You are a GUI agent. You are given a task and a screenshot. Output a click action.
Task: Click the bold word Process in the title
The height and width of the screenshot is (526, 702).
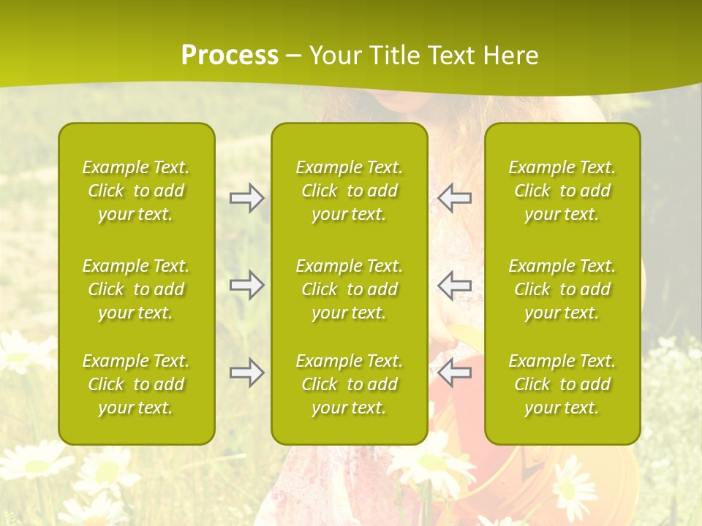[x=230, y=56]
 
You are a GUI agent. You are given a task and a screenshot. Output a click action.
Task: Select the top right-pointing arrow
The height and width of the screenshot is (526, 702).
[x=247, y=198]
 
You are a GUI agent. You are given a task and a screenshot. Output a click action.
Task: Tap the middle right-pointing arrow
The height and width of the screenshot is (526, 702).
[x=247, y=285]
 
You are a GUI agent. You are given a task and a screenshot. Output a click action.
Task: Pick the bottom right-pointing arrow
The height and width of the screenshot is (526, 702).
[x=247, y=373]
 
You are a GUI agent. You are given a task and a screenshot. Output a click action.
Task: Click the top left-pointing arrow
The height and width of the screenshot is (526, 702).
[x=454, y=198]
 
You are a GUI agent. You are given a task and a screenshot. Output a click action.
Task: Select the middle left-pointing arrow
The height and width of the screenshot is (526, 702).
[x=454, y=285]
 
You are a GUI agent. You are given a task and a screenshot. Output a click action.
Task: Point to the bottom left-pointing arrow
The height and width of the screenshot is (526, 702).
[x=454, y=373]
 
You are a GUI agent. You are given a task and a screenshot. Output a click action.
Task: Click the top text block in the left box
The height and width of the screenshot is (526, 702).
[x=136, y=191]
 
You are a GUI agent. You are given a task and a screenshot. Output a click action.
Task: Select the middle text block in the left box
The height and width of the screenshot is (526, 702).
[x=136, y=289]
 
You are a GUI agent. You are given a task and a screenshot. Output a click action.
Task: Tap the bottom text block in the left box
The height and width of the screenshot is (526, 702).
[x=136, y=384]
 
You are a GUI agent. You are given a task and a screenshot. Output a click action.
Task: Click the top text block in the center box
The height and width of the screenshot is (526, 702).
[x=350, y=191]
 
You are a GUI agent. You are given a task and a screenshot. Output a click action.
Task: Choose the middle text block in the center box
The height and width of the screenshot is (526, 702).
[x=350, y=289]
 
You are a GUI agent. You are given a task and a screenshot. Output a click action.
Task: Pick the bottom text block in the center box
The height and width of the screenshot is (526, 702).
[x=350, y=384]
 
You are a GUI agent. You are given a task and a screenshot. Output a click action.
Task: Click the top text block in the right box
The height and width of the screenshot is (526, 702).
[x=562, y=191]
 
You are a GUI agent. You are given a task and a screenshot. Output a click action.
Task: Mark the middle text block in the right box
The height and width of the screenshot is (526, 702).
[x=562, y=289]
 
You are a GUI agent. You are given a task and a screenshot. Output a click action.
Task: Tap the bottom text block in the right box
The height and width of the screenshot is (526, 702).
[x=562, y=384]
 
